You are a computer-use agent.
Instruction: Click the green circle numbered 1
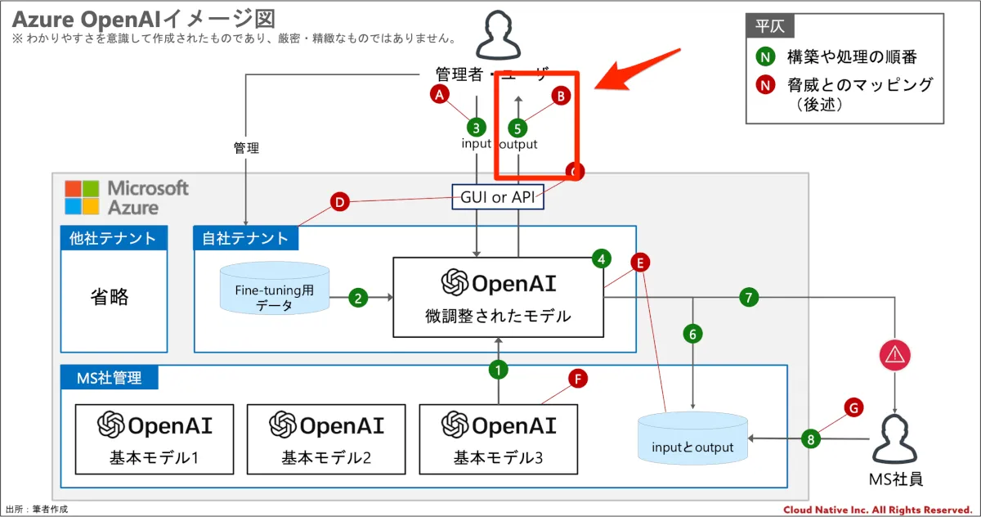(498, 370)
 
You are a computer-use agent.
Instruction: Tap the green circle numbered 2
(357, 298)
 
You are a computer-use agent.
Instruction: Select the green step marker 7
(748, 298)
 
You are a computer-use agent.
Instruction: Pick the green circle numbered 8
(810, 439)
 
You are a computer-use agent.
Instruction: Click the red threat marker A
(441, 95)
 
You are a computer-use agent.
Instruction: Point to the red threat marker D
(339, 201)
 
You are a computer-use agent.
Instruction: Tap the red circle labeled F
(578, 379)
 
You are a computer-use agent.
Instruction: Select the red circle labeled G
(853, 407)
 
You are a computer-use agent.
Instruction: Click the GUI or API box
(498, 197)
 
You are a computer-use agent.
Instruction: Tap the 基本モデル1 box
(155, 439)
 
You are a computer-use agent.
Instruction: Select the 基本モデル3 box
(498, 439)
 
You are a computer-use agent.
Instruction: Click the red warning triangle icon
(894, 355)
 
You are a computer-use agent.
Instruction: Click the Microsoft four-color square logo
(82, 197)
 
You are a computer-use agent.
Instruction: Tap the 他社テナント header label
(114, 238)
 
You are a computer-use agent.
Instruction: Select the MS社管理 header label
(109, 377)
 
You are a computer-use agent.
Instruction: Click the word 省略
(110, 296)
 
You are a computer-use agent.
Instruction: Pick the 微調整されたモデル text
(498, 316)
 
